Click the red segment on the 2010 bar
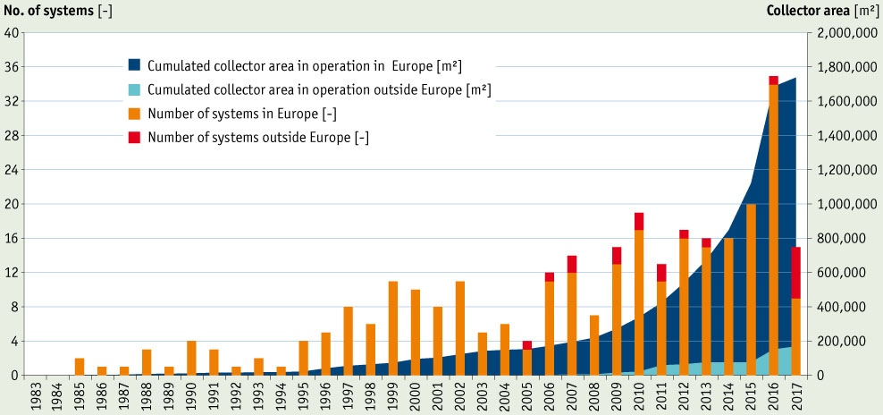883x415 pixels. pyautogui.click(x=639, y=221)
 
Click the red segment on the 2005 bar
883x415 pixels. pyautogui.click(x=527, y=344)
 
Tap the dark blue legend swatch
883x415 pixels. pyautogui.click(x=134, y=65)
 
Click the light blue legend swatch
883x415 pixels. pyautogui.click(x=134, y=89)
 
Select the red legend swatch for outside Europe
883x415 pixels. pyautogui.click(x=134, y=138)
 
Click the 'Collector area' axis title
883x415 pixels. pyautogui.click(x=821, y=11)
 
